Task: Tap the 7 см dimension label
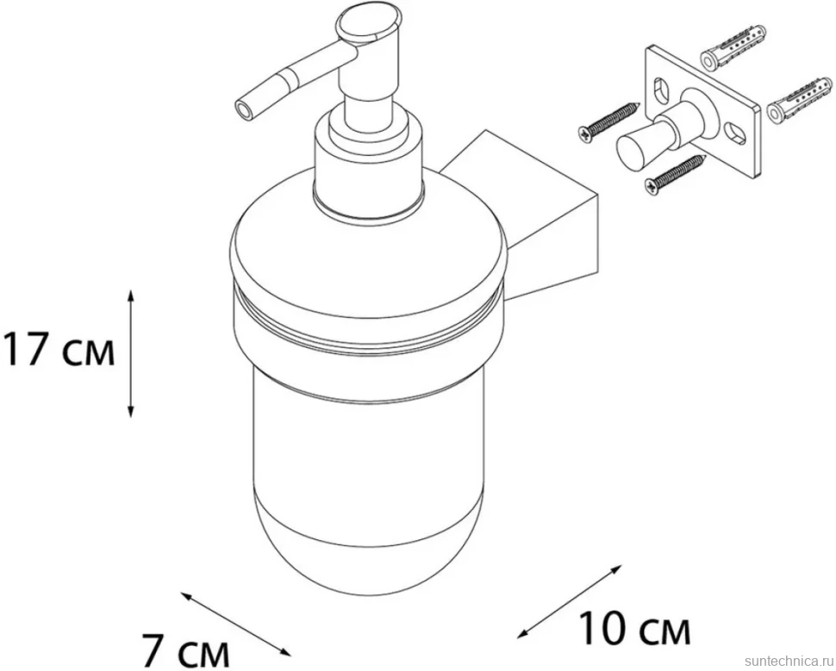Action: coord(186,649)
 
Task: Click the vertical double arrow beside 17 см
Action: coord(131,353)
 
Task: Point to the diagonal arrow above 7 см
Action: coord(235,624)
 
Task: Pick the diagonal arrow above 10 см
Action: coord(570,600)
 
